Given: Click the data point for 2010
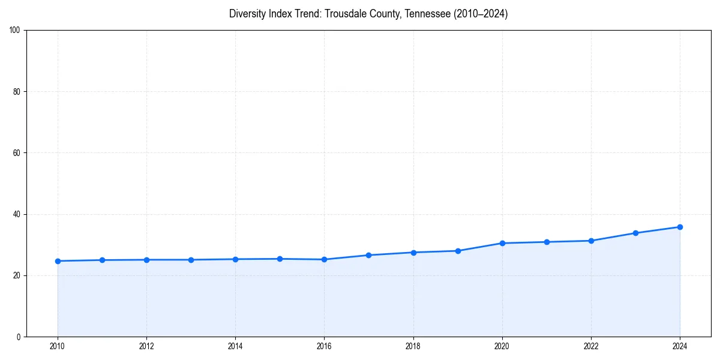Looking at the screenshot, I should click(x=58, y=261).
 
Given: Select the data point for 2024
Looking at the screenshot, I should click(x=680, y=227).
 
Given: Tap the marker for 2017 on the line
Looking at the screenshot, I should click(x=368, y=255).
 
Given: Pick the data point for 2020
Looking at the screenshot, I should click(x=502, y=243).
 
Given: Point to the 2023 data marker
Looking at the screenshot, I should click(x=635, y=233).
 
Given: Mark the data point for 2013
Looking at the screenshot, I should click(x=191, y=260).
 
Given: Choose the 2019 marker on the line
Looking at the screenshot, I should click(x=458, y=251).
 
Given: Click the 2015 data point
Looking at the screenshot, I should click(x=280, y=259).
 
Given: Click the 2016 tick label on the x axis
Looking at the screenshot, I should click(x=324, y=346).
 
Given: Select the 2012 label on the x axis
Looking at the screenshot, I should click(x=146, y=346).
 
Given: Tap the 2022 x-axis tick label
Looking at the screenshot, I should click(x=591, y=346).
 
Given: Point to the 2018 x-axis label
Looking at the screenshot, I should click(x=413, y=346).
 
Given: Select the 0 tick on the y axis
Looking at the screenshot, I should click(x=19, y=337).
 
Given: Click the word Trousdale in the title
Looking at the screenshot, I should click(x=344, y=14).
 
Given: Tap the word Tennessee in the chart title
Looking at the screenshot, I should click(x=423, y=14).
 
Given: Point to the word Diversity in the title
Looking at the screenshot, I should click(x=247, y=14).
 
